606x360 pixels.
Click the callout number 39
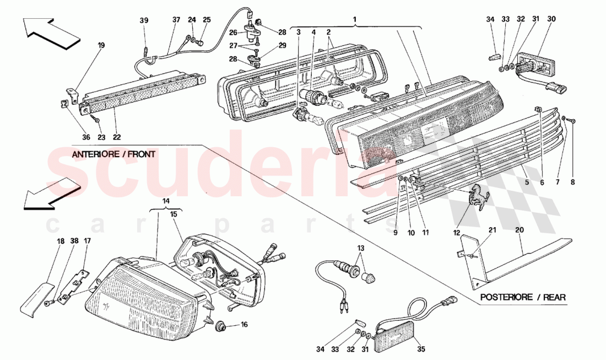(144, 20)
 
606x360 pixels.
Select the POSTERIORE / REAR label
(522, 297)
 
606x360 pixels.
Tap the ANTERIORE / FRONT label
(113, 155)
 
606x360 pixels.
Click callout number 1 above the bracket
(355, 20)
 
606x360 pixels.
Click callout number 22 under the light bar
(117, 137)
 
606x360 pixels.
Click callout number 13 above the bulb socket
(361, 248)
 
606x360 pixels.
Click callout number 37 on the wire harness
(176, 20)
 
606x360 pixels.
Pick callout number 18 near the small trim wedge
(60, 241)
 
